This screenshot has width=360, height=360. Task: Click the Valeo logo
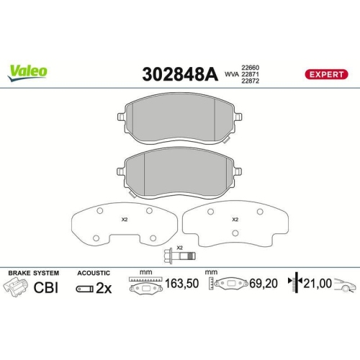[28, 71]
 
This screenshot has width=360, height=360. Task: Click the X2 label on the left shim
[124, 219]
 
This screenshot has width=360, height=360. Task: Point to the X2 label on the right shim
[235, 219]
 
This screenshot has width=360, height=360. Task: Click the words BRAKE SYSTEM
[32, 274]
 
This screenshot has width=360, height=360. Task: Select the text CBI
[45, 287]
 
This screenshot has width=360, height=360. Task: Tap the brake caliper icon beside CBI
[18, 287]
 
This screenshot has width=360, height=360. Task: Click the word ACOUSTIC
[93, 274]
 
